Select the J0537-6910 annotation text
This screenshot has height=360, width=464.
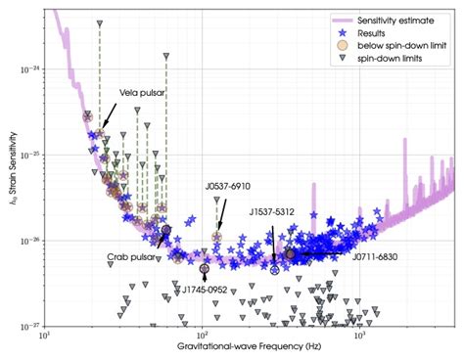click(226, 186)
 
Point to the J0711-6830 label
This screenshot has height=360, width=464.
click(375, 256)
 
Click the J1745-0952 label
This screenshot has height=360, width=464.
click(209, 289)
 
